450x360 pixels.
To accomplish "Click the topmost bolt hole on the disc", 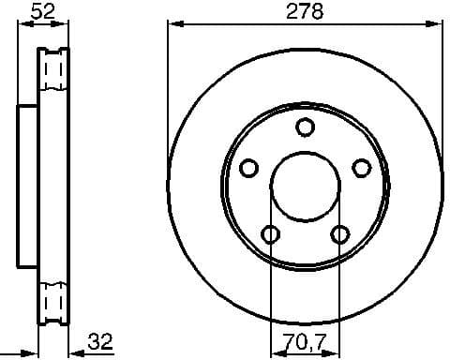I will [x=304, y=127].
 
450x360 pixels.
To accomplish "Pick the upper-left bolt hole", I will [x=248, y=168].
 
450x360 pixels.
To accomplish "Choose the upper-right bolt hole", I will [x=360, y=167].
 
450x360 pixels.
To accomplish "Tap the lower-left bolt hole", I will [x=270, y=233].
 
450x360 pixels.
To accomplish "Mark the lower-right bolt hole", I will [x=338, y=233].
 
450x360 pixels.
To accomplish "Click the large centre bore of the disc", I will [x=304, y=185].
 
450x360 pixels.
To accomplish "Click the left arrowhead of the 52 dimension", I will [x=22, y=25].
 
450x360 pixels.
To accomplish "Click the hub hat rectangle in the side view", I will [x=28, y=185].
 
